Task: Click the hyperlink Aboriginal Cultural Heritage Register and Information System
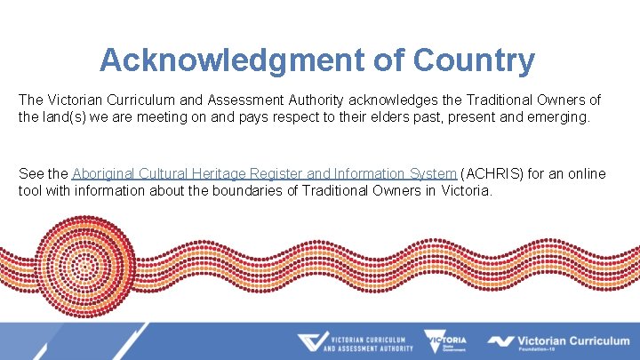(264, 173)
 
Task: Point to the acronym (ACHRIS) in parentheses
(492, 173)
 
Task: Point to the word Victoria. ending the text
(467, 190)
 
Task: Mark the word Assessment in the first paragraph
(246, 99)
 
